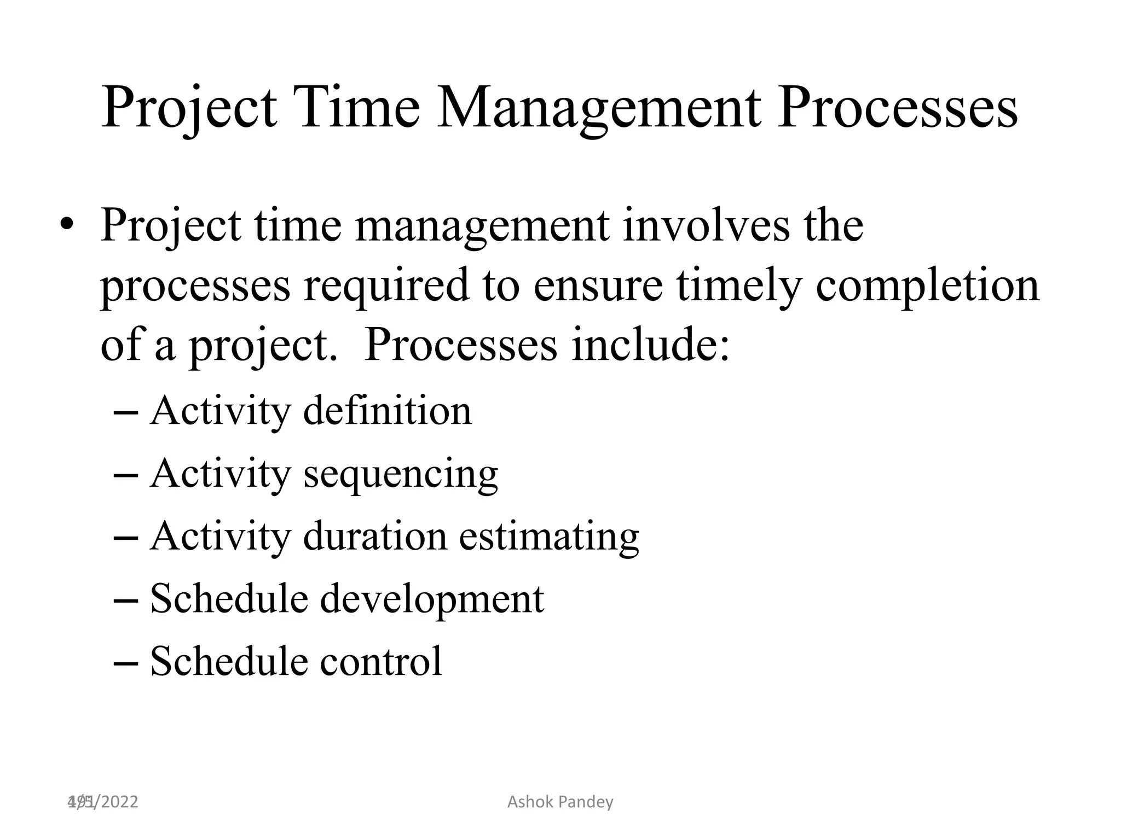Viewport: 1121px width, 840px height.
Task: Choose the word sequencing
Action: (x=400, y=473)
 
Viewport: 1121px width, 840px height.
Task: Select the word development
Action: (x=432, y=598)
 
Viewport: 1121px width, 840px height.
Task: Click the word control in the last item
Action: (x=381, y=661)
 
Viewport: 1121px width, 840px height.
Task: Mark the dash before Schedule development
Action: (x=125, y=600)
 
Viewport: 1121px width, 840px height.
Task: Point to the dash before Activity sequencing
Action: (x=125, y=475)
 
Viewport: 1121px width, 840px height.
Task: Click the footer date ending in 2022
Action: (x=103, y=802)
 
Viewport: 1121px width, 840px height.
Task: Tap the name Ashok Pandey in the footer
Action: (x=560, y=802)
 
